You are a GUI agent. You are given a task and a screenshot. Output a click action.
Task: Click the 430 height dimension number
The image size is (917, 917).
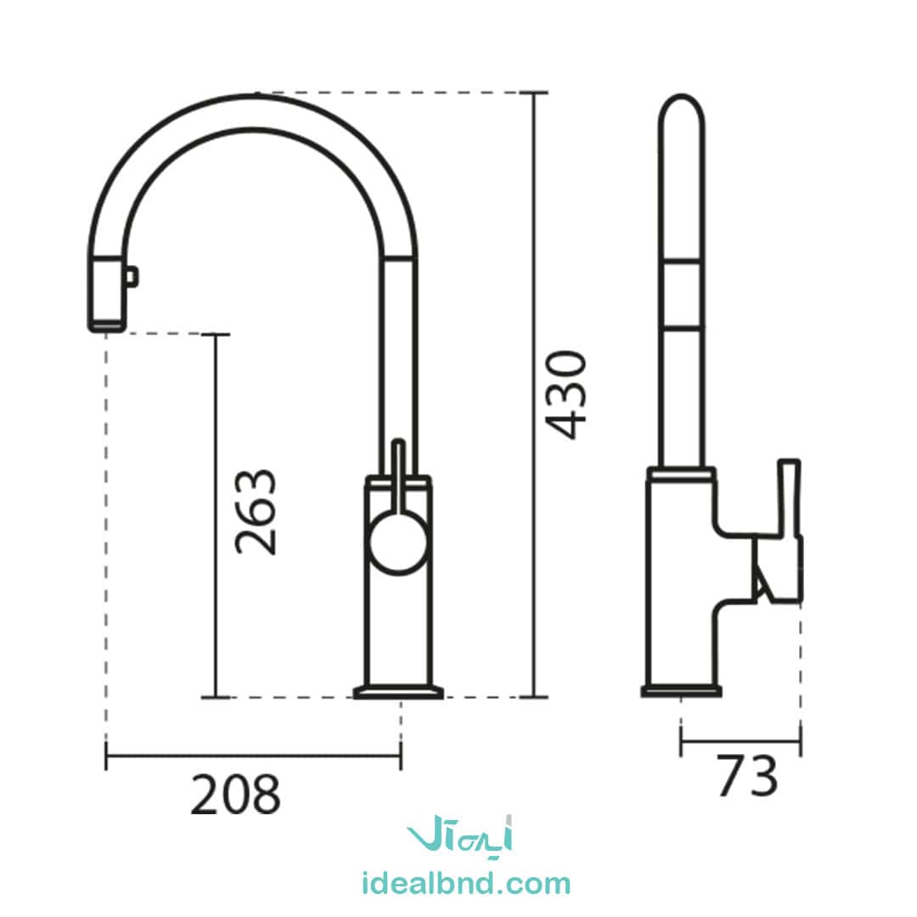point(565,395)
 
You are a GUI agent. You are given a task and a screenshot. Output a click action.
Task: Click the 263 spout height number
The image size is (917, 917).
point(255,512)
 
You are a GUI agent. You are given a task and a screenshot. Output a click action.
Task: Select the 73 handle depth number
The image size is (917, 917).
point(747,775)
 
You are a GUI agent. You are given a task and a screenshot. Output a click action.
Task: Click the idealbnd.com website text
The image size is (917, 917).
point(466,884)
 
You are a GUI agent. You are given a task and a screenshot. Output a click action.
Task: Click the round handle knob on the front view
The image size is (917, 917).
point(399,540)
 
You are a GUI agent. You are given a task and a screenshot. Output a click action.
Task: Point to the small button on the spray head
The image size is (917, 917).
point(132,277)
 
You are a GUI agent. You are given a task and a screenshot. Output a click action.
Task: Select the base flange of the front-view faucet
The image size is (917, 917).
point(398,692)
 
